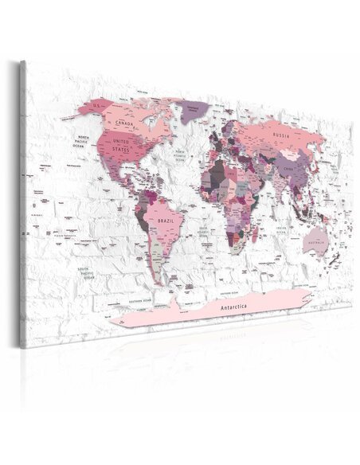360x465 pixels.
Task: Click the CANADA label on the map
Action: (x=123, y=123)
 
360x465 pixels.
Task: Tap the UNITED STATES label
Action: (x=120, y=145)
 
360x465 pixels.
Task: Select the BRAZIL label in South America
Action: (x=166, y=217)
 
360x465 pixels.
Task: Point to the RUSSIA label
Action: (x=280, y=135)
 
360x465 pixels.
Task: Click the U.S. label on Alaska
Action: (x=97, y=104)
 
